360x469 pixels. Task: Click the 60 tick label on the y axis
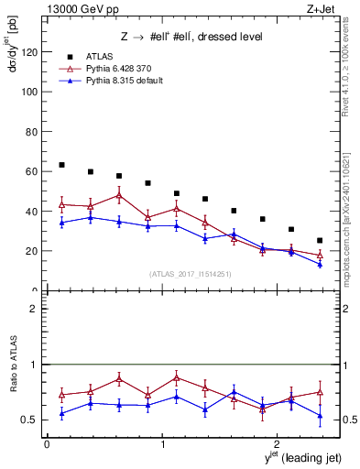pos(29,171)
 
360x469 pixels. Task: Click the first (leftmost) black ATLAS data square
pos(61,165)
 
